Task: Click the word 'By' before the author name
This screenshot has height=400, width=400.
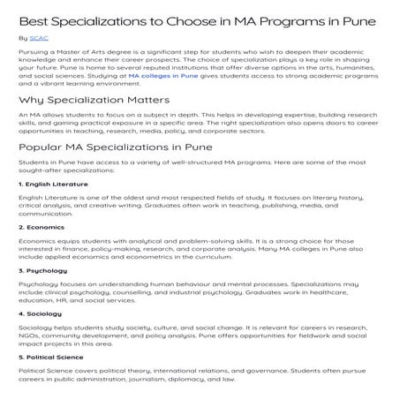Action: pyautogui.click(x=22, y=39)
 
